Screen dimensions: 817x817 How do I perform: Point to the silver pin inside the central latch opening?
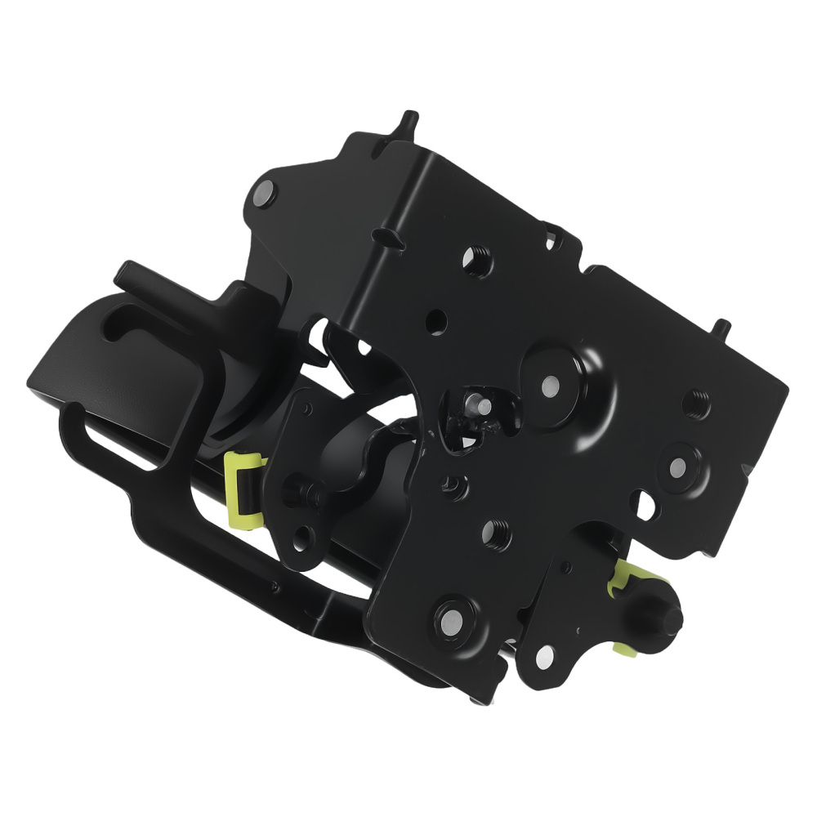[481, 404]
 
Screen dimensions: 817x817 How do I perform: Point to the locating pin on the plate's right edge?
[722, 328]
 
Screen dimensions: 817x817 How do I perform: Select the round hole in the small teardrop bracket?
[306, 535]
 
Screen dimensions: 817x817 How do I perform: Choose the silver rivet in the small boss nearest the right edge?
[678, 466]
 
